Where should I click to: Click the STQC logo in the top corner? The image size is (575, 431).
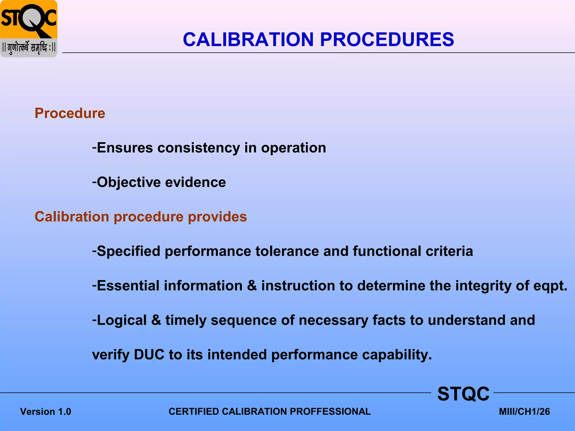click(29, 29)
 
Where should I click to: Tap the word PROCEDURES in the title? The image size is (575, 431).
click(387, 39)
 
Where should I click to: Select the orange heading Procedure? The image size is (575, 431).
click(70, 113)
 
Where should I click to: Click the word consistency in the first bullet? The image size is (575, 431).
click(198, 148)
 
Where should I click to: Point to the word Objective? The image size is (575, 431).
click(129, 182)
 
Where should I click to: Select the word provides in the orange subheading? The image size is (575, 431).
click(217, 217)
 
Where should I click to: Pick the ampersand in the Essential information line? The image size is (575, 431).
click(252, 286)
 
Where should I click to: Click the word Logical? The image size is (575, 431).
click(122, 320)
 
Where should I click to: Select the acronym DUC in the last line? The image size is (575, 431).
click(149, 355)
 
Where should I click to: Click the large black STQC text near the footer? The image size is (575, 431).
click(463, 394)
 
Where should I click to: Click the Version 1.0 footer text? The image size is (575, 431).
click(45, 412)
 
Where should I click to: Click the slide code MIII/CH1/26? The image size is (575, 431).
click(524, 412)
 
